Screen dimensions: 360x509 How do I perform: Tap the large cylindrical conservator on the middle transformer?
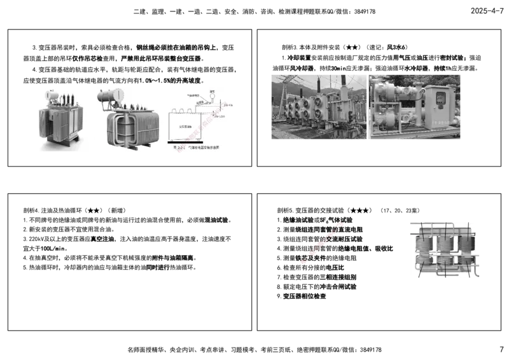point(112,96)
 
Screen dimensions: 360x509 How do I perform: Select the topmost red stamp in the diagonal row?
point(340,225)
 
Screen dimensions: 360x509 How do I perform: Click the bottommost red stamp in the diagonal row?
point(305,261)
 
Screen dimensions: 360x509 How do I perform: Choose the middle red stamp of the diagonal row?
point(322,244)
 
